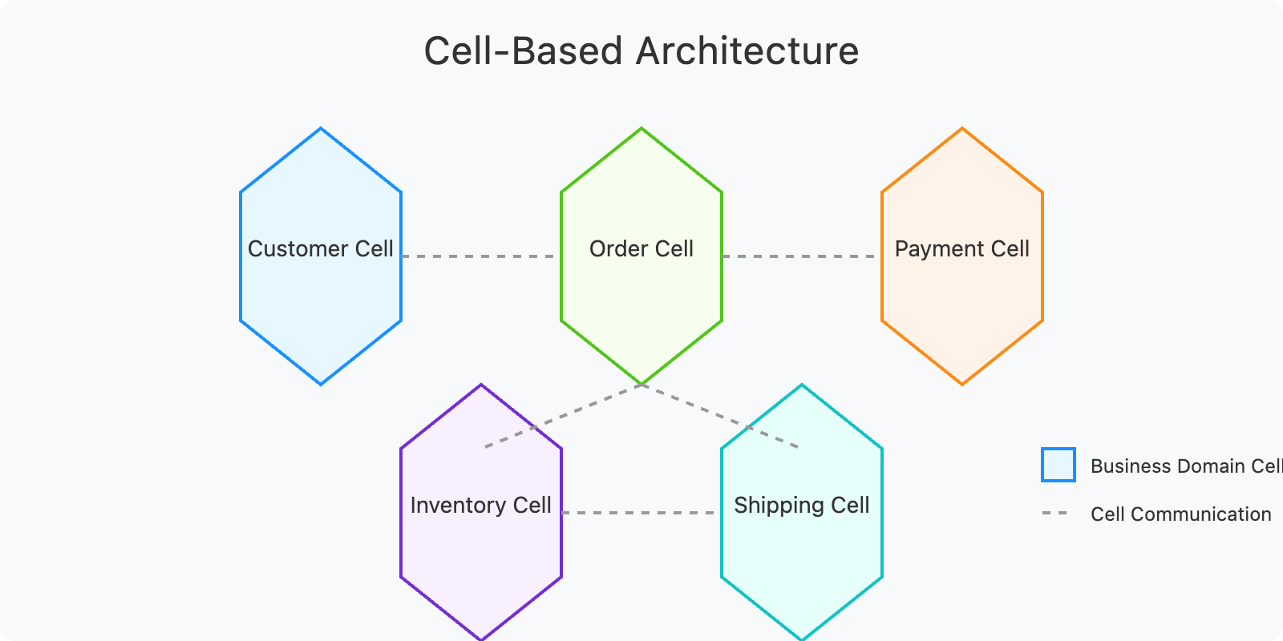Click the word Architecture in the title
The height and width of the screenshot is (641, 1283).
747,51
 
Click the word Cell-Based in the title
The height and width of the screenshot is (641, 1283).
523,51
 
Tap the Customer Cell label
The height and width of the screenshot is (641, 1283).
321,249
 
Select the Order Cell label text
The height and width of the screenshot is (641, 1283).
641,249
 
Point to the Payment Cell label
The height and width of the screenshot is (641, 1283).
962,249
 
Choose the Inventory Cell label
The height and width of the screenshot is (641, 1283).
481,506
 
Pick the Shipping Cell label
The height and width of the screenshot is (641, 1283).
802,506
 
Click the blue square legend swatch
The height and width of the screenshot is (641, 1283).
1058,465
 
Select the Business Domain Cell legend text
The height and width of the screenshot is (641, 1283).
1186,466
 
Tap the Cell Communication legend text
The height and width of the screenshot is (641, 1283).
1180,514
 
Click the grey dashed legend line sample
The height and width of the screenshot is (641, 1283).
1055,513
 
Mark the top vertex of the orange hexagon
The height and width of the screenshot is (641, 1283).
962,128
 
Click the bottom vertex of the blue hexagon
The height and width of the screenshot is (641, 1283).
321,385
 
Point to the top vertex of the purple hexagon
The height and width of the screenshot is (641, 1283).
481,385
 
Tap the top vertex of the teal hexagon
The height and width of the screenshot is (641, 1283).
802,385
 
